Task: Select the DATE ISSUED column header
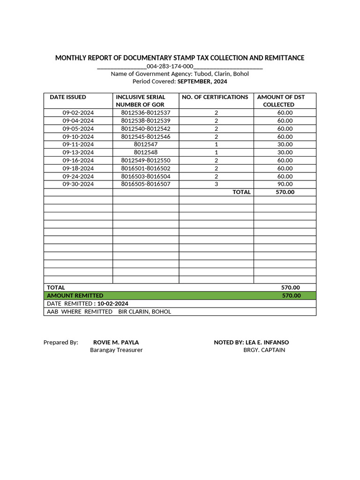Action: [x=68, y=97]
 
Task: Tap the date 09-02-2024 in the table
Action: [x=78, y=112]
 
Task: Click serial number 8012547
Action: [x=145, y=144]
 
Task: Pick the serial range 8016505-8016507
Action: [x=145, y=184]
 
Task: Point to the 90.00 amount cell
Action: [x=285, y=184]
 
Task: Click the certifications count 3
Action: [x=216, y=184]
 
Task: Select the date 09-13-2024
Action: [x=78, y=152]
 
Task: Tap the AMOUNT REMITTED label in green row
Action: [x=75, y=295]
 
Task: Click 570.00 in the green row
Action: [x=291, y=295]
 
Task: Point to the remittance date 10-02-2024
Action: [x=112, y=303]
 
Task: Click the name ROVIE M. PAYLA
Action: [x=116, y=342]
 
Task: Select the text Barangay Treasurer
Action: [x=116, y=350]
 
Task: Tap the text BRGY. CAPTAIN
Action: [x=264, y=350]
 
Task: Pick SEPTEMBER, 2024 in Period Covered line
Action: [x=202, y=81]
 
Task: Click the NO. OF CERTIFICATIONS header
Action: [x=215, y=97]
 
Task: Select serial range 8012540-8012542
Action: [x=145, y=128]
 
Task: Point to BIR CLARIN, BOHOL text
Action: [x=144, y=311]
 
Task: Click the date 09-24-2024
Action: [x=78, y=176]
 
